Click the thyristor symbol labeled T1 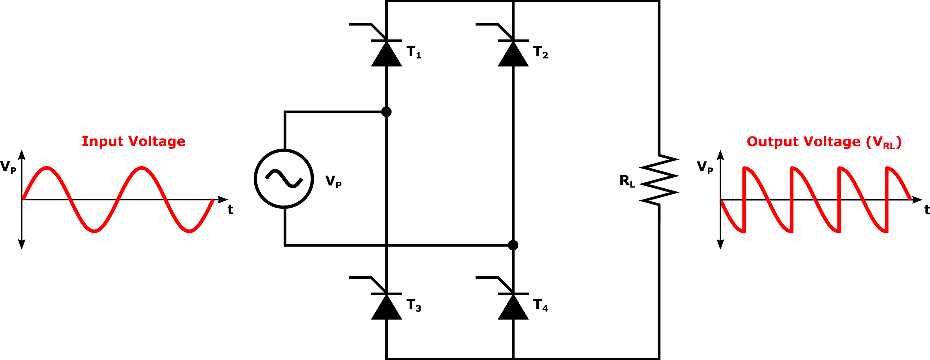[x=386, y=53]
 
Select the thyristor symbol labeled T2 [x=513, y=53]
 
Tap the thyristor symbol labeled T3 [x=386, y=307]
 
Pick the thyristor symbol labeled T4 [x=513, y=307]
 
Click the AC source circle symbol [x=284, y=179]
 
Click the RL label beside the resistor [x=627, y=181]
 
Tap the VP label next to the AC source [x=333, y=181]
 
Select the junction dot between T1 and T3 [x=386, y=112]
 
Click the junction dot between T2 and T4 [x=513, y=245]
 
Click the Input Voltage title [x=133, y=141]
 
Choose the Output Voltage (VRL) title [x=824, y=142]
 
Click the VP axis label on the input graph [x=8, y=167]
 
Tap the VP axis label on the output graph [x=705, y=167]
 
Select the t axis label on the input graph [x=230, y=209]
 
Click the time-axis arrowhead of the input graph [x=223, y=199]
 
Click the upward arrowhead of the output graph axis [x=721, y=155]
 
